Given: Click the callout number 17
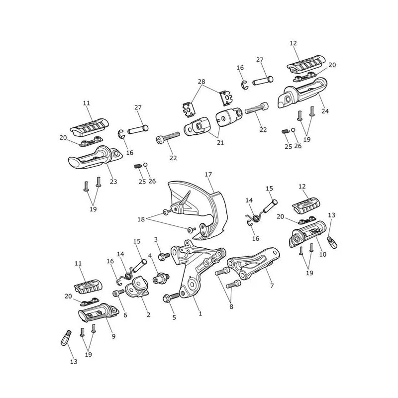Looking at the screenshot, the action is tap(208, 175).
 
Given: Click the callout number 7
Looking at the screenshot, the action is tap(272, 286).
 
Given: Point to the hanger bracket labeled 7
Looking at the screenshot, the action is tap(254, 264).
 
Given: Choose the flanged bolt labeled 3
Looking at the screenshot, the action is tap(164, 256).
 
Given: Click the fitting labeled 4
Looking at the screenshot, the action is tap(161, 279).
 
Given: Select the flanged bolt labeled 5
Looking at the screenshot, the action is tap(171, 298).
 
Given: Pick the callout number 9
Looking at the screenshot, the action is tap(114, 336).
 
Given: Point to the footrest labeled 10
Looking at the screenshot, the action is tap(307, 233).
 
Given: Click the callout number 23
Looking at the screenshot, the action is tap(113, 182).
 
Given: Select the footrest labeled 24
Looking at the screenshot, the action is tap(302, 93).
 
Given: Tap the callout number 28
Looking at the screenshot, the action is tap(201, 82).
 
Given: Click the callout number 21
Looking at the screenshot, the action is tap(220, 143).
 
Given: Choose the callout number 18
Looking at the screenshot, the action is tap(141, 219).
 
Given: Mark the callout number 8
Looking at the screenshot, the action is tap(231, 306).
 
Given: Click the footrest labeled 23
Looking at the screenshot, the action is tap(95, 157).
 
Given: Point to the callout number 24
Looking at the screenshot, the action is tap(325, 111).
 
